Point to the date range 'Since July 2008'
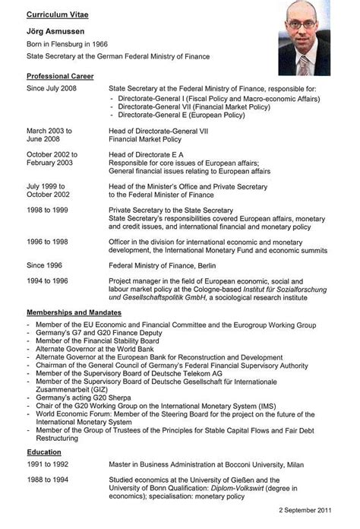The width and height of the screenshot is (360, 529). point(52,89)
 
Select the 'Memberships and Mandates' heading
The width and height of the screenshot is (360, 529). point(74,312)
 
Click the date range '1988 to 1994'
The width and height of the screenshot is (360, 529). point(49,480)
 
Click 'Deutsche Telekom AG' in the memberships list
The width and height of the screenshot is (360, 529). point(179,371)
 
